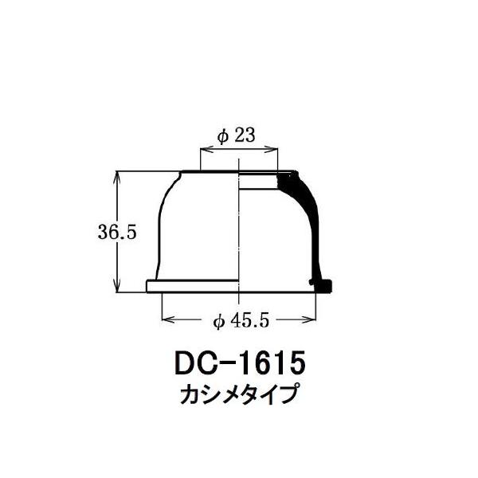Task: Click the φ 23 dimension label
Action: click(x=236, y=135)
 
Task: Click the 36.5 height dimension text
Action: click(x=117, y=233)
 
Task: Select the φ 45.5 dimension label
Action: click(x=241, y=321)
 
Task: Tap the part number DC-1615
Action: click(x=240, y=364)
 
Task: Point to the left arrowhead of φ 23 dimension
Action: click(x=204, y=150)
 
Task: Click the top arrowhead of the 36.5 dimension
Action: click(x=117, y=176)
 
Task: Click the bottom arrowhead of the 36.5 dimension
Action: click(x=117, y=286)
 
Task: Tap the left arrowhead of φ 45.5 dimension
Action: click(x=167, y=319)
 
